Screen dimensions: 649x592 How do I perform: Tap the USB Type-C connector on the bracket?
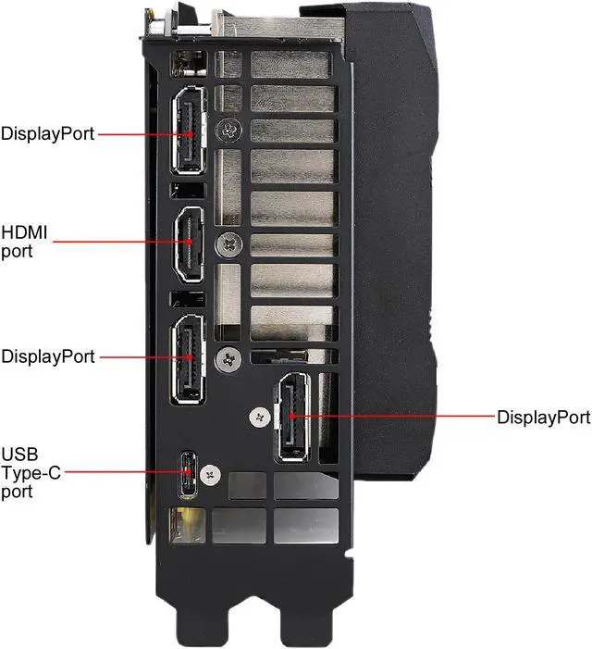pos(189,474)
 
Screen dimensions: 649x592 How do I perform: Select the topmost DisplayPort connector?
pos(192,133)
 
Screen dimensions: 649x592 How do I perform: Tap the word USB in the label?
pos(18,456)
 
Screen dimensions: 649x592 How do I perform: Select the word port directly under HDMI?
pos(17,250)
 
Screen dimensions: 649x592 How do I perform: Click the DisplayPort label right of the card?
pos(543,417)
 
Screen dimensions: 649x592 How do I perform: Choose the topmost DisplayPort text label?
pos(47,133)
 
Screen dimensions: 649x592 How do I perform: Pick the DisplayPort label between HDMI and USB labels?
pos(47,356)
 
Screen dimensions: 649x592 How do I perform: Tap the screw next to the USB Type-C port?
pos(213,473)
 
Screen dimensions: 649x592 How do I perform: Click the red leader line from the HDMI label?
pos(120,243)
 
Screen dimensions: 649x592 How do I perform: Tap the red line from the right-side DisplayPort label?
pos(398,417)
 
